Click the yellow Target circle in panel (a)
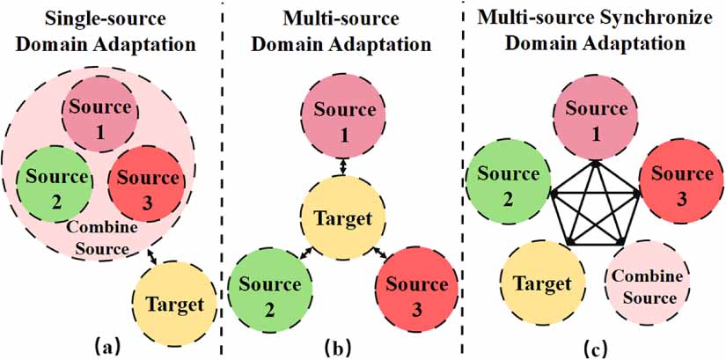point(174,305)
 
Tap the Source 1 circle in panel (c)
point(596,118)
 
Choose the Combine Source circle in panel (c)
point(647,285)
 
